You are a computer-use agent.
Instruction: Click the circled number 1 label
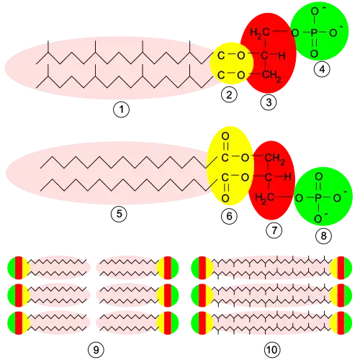(121, 109)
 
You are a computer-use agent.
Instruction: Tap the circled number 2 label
(229, 95)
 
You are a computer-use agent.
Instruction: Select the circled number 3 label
(269, 102)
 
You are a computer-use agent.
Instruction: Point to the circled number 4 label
(322, 69)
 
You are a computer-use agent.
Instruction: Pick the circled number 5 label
(119, 214)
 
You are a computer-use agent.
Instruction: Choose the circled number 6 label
(229, 216)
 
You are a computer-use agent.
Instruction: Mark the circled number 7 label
(274, 230)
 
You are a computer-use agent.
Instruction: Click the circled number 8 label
(323, 235)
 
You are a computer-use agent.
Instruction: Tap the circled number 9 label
(96, 350)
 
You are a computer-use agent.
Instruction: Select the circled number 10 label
(272, 350)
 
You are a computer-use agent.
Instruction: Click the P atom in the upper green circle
(314, 32)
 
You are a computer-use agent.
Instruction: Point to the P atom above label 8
(318, 198)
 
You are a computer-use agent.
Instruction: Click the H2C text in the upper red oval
(260, 33)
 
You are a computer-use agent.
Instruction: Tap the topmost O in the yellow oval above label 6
(225, 136)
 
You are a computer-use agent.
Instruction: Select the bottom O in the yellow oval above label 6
(225, 199)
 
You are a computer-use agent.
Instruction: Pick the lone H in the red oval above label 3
(282, 56)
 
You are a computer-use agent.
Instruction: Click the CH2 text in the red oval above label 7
(275, 159)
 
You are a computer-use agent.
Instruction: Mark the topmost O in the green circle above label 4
(315, 12)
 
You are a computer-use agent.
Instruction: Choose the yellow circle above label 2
(232, 63)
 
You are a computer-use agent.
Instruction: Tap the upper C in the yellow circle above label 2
(221, 55)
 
